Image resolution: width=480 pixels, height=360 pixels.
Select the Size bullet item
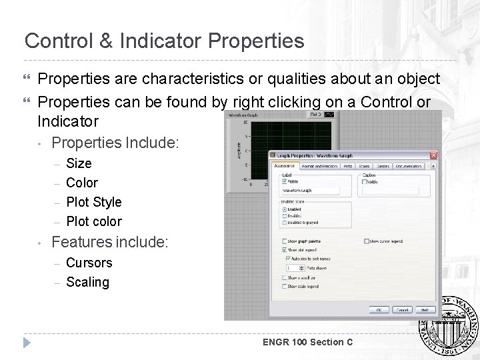pyautogui.click(x=79, y=163)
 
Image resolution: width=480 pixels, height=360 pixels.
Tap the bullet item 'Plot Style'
pyautogui.click(x=93, y=202)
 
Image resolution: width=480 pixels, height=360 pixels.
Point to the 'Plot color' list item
pyautogui.click(x=93, y=221)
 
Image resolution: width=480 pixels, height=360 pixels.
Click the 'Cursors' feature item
pyautogui.click(x=89, y=263)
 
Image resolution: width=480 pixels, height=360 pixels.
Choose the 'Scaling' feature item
pyautogui.click(x=87, y=282)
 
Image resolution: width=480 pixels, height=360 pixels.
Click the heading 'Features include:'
pyautogui.click(x=110, y=242)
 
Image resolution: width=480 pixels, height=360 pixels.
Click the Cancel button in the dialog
pyautogui.click(x=403, y=310)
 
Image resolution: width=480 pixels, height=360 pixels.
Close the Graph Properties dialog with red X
pyautogui.click(x=434, y=155)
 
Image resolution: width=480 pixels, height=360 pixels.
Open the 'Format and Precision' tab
pyautogui.click(x=319, y=165)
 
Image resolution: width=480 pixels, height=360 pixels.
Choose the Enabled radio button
pyautogui.click(x=285, y=209)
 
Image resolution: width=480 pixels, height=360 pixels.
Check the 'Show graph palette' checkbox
pyautogui.click(x=285, y=241)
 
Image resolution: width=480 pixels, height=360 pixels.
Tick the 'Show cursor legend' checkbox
pyautogui.click(x=366, y=241)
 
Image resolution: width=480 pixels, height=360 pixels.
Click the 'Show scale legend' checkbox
pyautogui.click(x=285, y=287)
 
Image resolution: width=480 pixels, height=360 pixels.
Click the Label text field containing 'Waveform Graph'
pyautogui.click(x=310, y=190)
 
